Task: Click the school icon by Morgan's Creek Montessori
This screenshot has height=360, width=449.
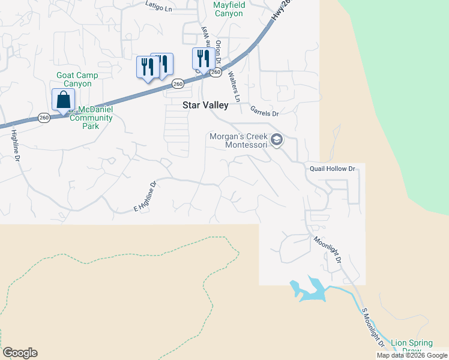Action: point(277,140)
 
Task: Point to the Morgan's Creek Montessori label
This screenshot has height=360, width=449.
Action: point(238,140)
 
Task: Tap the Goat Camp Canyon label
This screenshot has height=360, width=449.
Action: point(77,80)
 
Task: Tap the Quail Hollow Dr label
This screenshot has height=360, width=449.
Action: point(333,169)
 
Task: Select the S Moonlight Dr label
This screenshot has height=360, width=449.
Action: point(373,328)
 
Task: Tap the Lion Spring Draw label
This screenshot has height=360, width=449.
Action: point(411,347)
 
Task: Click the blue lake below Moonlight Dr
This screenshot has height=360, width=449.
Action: point(310,290)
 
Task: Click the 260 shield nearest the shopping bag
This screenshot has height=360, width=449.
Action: point(44,118)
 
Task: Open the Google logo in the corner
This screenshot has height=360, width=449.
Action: point(20,353)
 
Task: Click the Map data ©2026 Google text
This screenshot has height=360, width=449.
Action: point(412,355)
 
